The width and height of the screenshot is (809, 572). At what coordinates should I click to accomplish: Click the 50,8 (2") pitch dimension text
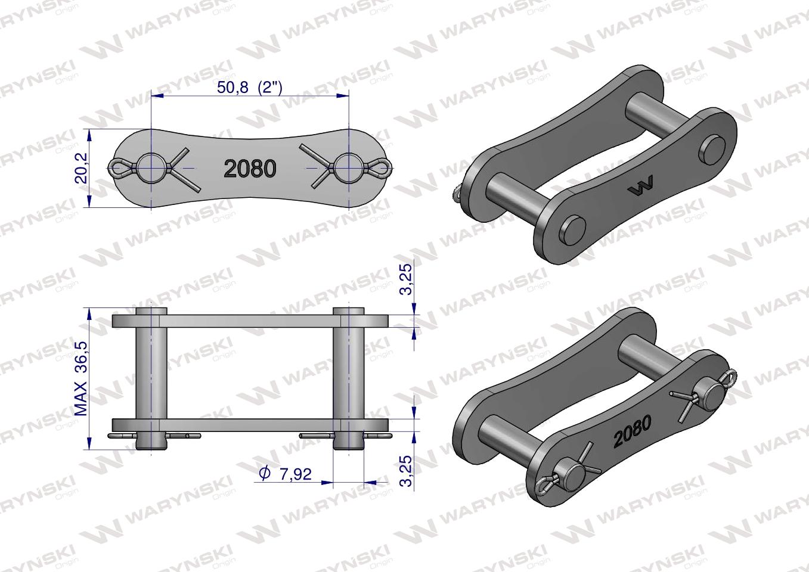click(249, 87)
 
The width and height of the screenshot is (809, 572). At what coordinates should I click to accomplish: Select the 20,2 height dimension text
click(82, 168)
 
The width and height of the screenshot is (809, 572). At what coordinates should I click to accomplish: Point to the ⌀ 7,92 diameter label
click(286, 474)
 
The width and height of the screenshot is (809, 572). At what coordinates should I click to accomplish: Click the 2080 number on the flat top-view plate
click(250, 169)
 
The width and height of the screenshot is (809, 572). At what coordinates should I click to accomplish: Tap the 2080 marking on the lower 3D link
click(632, 431)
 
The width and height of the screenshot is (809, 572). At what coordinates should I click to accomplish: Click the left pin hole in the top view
click(151, 169)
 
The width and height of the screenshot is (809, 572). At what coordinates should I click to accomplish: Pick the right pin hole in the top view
click(348, 169)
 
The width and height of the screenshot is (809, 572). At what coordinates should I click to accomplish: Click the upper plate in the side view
click(250, 321)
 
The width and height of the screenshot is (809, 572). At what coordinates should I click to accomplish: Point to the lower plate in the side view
click(250, 425)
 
